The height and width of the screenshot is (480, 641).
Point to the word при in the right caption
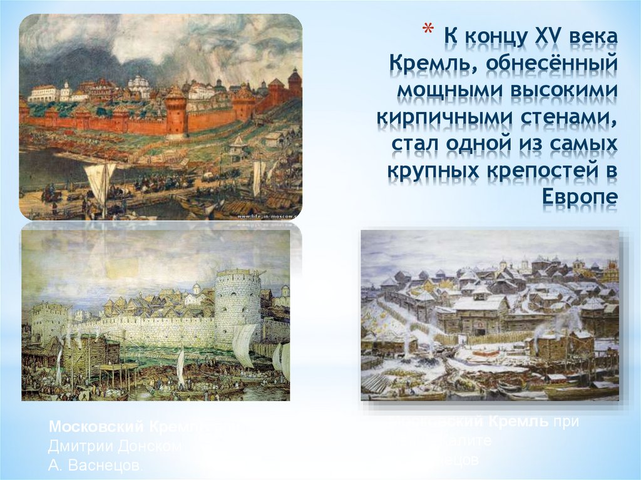coord(565,422)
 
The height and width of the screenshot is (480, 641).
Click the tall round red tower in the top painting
coord(175,111)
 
